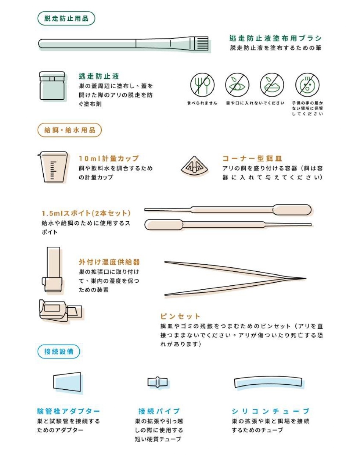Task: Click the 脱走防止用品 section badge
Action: tap(66, 18)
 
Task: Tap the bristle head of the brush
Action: tap(202, 43)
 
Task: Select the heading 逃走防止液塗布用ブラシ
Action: tap(276, 38)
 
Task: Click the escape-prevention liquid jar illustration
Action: tap(52, 86)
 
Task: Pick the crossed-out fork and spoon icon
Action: tap(202, 85)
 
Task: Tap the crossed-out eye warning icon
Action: tap(237, 85)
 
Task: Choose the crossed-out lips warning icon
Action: tap(272, 85)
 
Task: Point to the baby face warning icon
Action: tap(307, 85)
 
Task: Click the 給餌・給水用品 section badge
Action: tap(70, 130)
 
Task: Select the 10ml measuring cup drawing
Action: tap(53, 167)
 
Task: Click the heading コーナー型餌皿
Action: tap(252, 158)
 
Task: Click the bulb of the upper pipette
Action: tap(292, 210)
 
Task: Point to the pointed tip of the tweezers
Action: tap(305, 278)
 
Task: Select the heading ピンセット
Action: tap(180, 316)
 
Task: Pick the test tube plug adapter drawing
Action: tap(67, 383)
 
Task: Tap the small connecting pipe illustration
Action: tap(158, 382)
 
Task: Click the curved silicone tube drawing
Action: tap(268, 382)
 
